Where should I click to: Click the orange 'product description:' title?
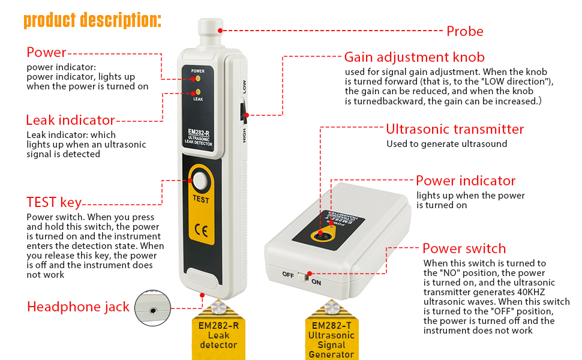click(92, 19)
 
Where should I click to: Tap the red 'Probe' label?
click(464, 31)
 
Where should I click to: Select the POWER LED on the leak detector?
click(197, 78)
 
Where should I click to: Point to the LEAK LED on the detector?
click(197, 92)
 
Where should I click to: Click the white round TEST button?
click(201, 181)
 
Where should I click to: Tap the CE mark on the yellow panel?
click(201, 230)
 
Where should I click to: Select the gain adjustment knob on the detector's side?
click(244, 113)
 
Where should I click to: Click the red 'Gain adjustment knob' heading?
click(414, 58)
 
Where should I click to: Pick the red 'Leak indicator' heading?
click(70, 120)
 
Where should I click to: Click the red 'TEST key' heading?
click(54, 202)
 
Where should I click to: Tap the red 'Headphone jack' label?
click(78, 307)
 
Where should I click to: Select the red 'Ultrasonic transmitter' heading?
click(454, 129)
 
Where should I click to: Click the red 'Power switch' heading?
click(464, 248)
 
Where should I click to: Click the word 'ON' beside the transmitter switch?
click(316, 281)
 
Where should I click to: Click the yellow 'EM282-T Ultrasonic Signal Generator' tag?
click(331, 337)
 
